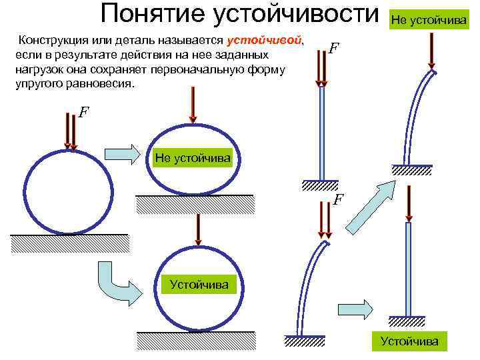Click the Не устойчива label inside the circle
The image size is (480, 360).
click(x=193, y=158)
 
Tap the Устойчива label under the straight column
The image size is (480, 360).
click(x=409, y=341)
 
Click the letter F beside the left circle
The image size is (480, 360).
click(x=83, y=113)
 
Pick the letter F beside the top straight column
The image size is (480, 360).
click(x=334, y=49)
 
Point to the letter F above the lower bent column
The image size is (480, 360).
click(x=339, y=199)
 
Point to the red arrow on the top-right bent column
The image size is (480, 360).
click(x=431, y=50)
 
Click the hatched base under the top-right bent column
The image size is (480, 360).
click(x=409, y=170)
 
